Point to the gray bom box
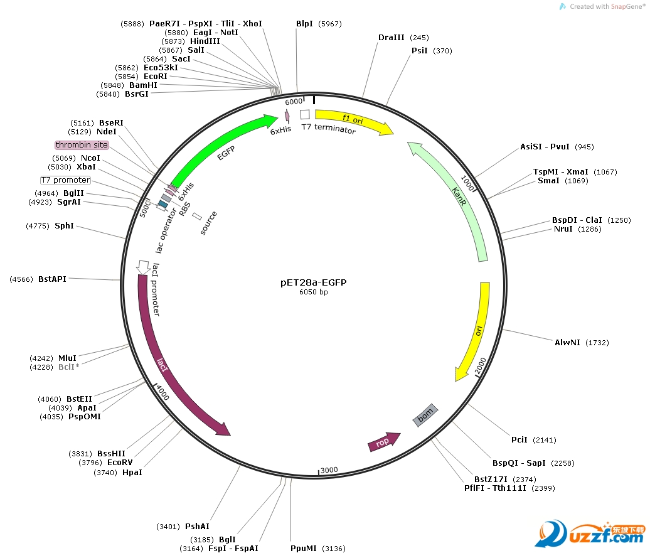coord(425,415)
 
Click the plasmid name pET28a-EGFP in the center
coord(313,282)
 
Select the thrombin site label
coord(82,145)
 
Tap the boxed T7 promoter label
coord(66,180)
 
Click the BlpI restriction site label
coord(305,24)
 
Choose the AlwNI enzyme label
coord(567,342)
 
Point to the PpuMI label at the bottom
coord(304,549)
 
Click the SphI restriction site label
coord(64,225)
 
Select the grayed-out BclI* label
coord(69,367)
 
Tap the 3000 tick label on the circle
coord(329,470)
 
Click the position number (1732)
coord(597,343)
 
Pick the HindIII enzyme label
coord(205,41)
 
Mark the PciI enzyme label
coord(519,439)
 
